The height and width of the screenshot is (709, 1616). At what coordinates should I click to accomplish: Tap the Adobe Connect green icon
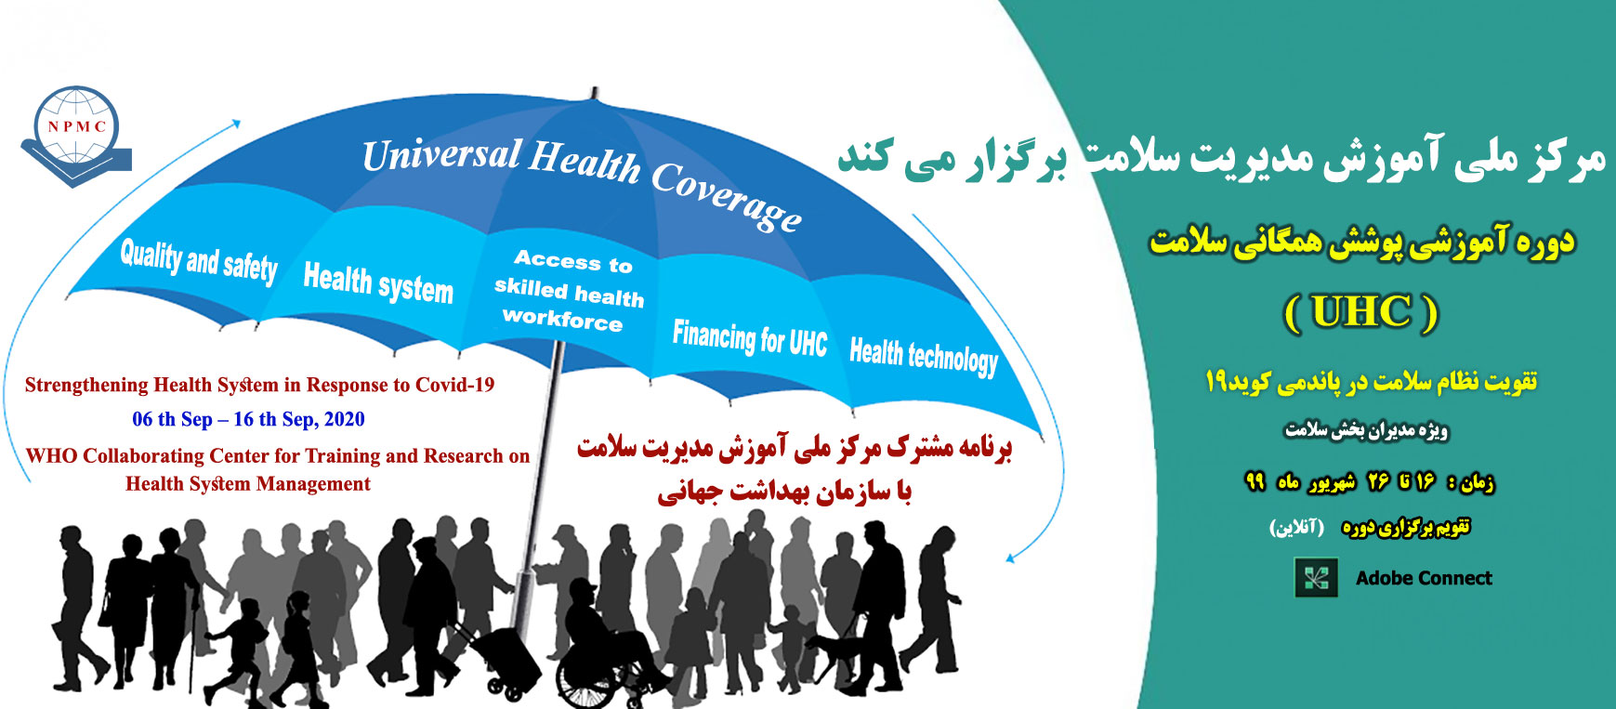tap(1316, 577)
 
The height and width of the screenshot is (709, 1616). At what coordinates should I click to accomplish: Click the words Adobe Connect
tap(1424, 578)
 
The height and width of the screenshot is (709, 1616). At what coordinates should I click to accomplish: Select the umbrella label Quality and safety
tap(199, 260)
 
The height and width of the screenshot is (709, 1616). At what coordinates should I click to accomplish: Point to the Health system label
tap(378, 282)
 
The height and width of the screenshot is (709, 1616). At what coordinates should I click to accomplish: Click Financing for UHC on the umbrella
tap(750, 338)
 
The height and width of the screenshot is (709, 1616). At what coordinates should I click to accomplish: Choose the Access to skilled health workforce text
tap(569, 290)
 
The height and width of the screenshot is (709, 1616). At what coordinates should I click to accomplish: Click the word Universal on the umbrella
tap(441, 155)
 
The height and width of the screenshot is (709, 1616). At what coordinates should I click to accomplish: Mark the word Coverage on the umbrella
tap(727, 196)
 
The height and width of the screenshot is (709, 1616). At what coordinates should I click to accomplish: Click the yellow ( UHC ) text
tap(1361, 311)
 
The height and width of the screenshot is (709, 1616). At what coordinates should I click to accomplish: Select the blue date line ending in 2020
tap(248, 419)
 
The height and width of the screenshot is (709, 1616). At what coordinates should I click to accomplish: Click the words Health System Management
tap(248, 483)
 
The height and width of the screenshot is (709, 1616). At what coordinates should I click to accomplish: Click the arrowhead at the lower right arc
tap(1013, 558)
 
